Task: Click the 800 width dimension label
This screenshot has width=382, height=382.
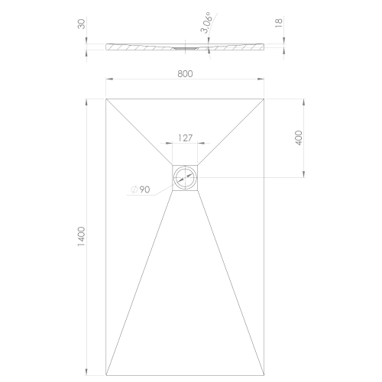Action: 184,74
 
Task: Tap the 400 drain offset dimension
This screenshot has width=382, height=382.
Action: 299,138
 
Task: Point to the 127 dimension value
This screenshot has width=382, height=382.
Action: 184,138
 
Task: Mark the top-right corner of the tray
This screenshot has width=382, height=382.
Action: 264,97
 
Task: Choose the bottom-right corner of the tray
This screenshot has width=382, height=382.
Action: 264,375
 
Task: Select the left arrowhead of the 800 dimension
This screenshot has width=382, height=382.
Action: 108,80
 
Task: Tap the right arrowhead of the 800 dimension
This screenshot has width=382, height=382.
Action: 261,80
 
